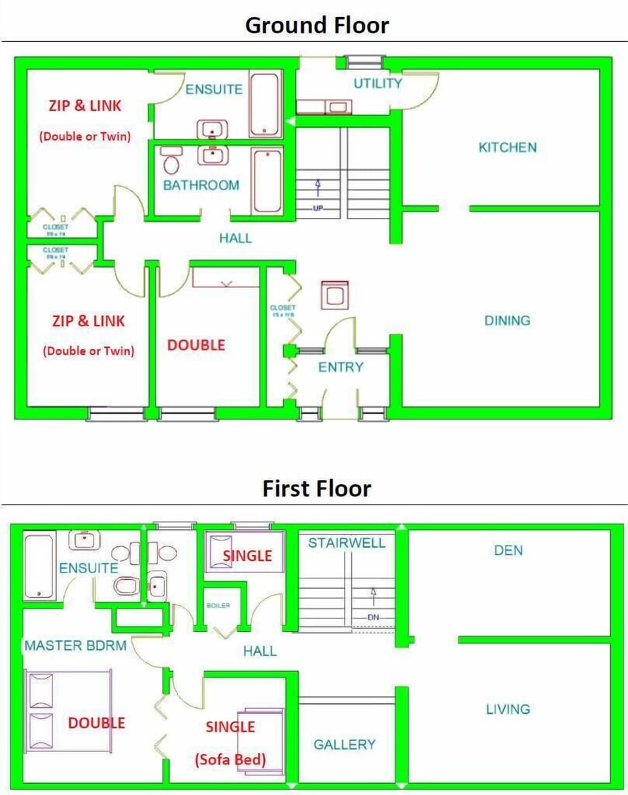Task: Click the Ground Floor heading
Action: [x=317, y=25]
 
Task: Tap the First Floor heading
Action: [x=317, y=488]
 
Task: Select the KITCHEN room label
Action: [x=508, y=147]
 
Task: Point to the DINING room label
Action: [x=507, y=321]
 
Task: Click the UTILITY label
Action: [x=377, y=83]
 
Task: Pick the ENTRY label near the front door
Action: [x=340, y=367]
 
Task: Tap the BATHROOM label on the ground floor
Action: [x=201, y=185]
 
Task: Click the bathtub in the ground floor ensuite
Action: [x=265, y=105]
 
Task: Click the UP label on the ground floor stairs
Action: [x=319, y=208]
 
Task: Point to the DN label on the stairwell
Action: [x=374, y=617]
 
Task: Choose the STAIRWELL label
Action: [x=347, y=543]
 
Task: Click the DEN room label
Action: [x=508, y=550]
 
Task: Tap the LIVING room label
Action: [x=508, y=709]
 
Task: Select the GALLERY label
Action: [x=344, y=745]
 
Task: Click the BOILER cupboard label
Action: [x=218, y=606]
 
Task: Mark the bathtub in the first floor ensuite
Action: [x=39, y=566]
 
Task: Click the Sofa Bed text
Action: [x=230, y=760]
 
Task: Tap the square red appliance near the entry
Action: [x=334, y=296]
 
